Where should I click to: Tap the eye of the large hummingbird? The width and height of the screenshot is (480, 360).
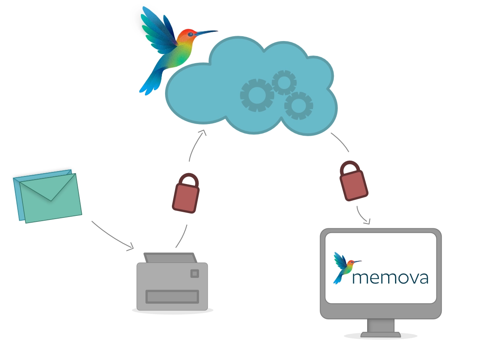point(190,35)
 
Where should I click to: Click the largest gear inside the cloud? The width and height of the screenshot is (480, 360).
point(257,95)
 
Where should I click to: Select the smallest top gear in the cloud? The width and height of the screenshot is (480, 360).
point(284,82)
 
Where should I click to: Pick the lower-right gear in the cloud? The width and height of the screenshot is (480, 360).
point(298,106)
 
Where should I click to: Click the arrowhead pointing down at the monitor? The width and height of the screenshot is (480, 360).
point(366,221)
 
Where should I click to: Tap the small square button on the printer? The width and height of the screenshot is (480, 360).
point(194,274)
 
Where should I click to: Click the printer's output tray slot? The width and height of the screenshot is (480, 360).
point(172,297)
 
